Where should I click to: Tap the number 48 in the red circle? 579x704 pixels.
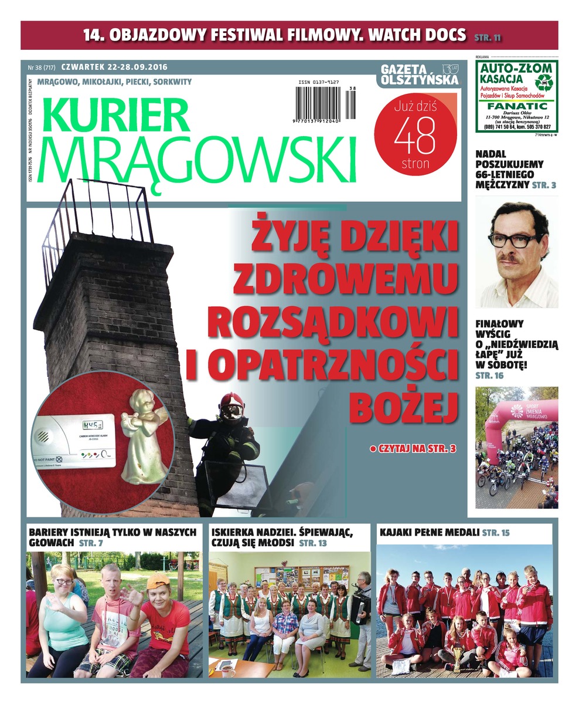click(414, 136)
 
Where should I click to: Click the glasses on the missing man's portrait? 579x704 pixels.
click(514, 240)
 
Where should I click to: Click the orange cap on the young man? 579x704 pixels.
click(158, 581)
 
